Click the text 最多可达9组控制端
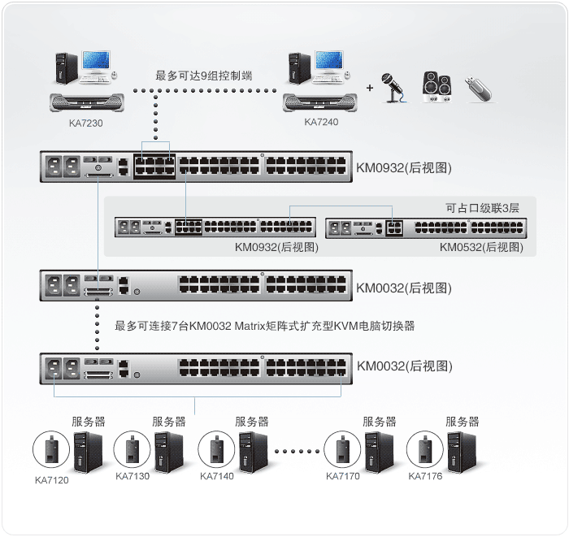pos(204,76)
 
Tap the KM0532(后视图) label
pos(480,246)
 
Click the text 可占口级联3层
pos(482,207)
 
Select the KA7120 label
pos(52,479)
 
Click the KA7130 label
pos(132,476)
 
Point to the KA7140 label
pos(216,476)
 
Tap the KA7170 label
pos(343,476)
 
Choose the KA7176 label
pos(425,476)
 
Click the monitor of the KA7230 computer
pos(93,67)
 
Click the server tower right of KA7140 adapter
pos(251,449)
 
